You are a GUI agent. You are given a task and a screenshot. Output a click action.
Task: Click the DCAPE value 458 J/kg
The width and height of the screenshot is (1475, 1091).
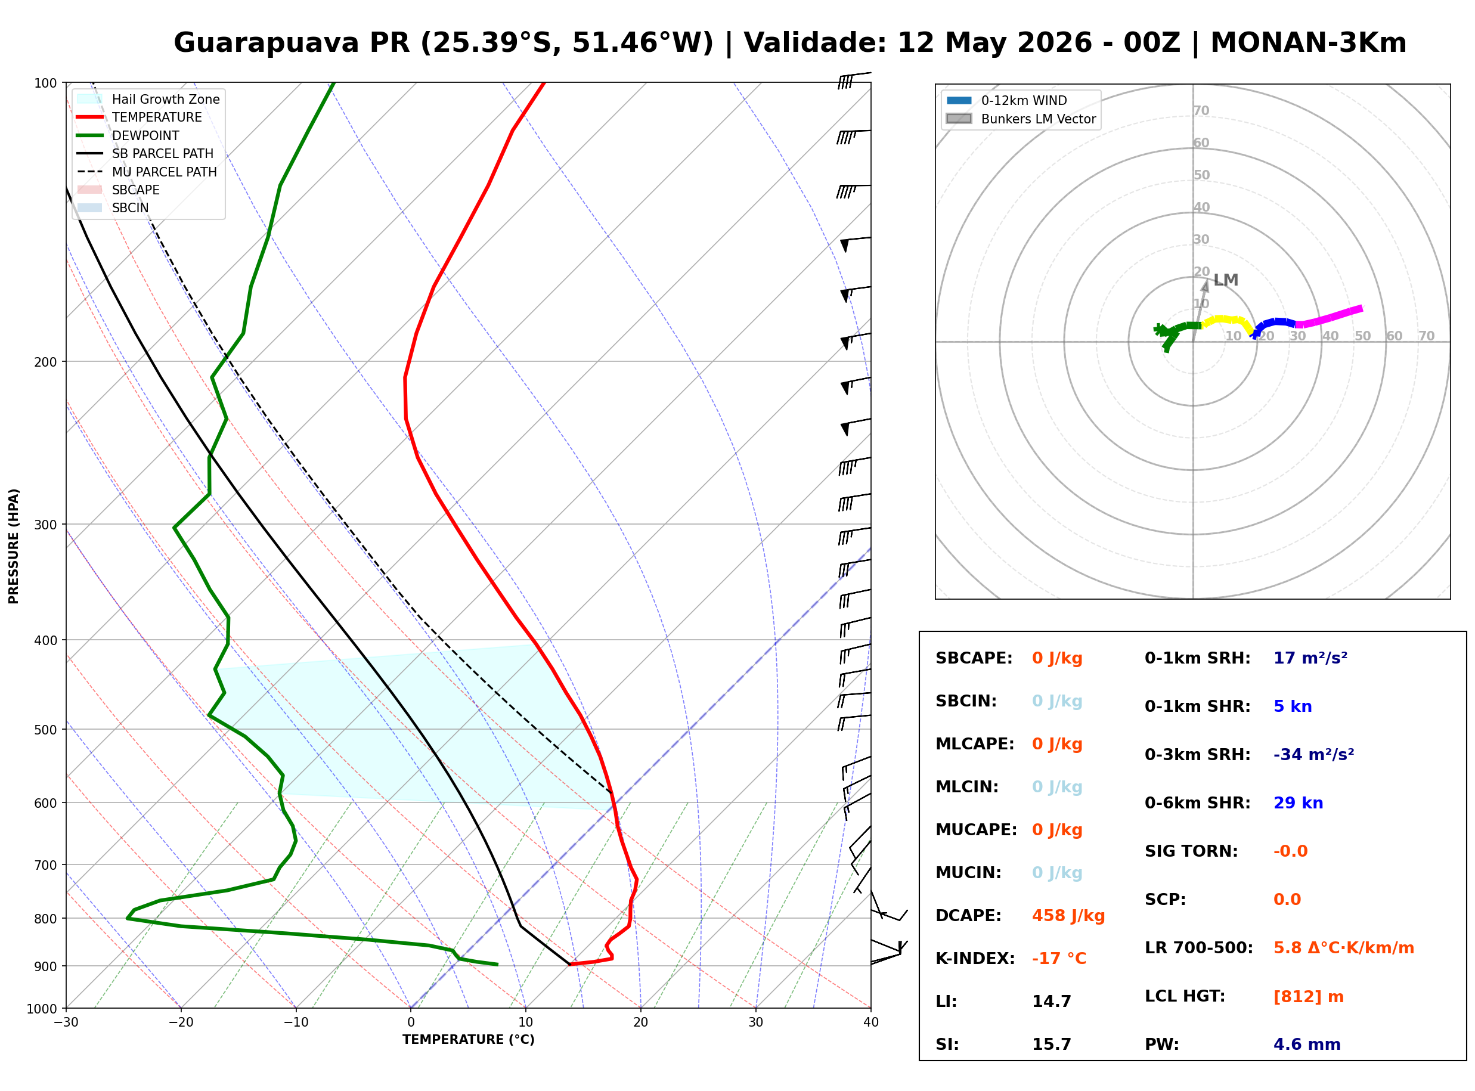1068,915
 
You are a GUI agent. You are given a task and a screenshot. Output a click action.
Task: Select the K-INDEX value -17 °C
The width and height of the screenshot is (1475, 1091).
1058,958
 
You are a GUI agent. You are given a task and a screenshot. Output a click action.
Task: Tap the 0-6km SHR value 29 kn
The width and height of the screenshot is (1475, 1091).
1297,803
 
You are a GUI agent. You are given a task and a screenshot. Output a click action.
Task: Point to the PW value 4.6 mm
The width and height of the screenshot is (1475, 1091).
1307,1044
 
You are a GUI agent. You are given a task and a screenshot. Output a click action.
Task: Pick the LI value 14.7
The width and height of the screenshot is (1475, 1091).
1051,1001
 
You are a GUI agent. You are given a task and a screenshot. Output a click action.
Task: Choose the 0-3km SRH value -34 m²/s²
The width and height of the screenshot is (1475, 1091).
1313,754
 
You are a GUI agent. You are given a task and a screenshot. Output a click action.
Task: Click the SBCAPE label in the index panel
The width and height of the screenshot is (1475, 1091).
974,658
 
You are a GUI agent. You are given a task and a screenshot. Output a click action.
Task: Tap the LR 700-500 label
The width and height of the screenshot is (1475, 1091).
1199,948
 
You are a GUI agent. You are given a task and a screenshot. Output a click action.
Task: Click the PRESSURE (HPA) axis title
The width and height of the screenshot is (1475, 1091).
13,545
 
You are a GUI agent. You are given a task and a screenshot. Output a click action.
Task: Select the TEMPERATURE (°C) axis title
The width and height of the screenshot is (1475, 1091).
468,1040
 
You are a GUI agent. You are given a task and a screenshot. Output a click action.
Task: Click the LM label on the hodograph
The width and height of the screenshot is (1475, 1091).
1225,280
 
